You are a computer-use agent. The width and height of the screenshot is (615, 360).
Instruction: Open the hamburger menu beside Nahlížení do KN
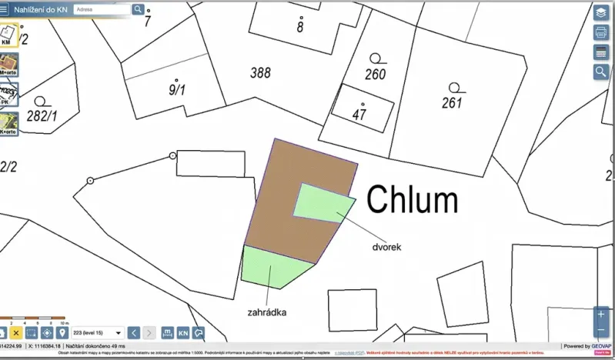[5, 9]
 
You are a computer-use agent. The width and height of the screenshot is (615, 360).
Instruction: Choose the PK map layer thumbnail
[8, 95]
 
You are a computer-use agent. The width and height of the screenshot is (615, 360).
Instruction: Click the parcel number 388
[261, 73]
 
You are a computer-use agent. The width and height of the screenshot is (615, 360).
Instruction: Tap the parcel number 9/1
[177, 90]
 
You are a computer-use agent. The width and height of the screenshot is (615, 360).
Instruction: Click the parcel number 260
[375, 75]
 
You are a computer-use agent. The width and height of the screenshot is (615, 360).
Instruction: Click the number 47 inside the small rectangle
[359, 115]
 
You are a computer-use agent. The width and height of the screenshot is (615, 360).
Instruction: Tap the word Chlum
[412, 200]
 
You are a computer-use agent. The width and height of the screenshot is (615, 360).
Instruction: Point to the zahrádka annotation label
[267, 313]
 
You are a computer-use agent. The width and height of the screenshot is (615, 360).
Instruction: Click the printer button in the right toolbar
[601, 32]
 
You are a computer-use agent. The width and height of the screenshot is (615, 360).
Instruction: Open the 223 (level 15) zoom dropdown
[97, 332]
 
